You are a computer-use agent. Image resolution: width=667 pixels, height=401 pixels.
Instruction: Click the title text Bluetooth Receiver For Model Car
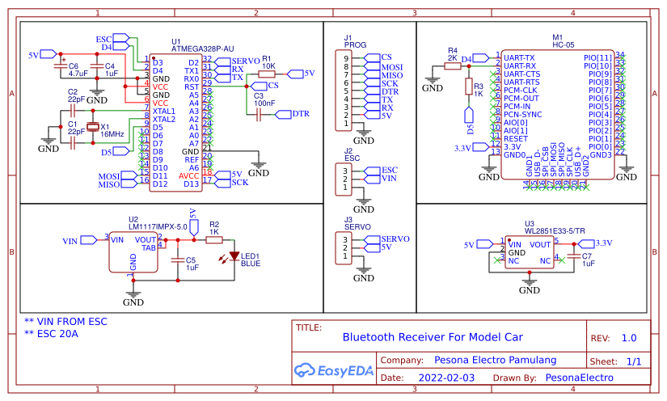(433, 337)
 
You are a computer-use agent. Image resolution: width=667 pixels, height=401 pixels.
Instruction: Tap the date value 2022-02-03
(447, 378)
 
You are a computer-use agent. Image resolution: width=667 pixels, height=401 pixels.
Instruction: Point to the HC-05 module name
(563, 46)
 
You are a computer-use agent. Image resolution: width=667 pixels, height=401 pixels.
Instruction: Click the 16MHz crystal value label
(112, 134)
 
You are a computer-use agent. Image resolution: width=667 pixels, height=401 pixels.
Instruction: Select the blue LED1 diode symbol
(234, 256)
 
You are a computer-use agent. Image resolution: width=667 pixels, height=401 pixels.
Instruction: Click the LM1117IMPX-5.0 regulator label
(158, 227)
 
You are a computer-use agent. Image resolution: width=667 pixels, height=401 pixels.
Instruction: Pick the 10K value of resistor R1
(268, 65)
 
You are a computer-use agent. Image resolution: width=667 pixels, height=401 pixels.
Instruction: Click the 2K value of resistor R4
(453, 58)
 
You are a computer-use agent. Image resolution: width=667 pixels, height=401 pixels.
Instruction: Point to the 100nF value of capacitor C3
(264, 103)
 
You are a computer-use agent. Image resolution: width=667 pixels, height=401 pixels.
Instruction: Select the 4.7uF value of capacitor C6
(78, 74)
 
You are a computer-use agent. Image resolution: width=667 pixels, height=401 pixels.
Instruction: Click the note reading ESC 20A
(51, 333)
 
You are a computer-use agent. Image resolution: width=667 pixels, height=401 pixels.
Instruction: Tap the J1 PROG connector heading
(353, 42)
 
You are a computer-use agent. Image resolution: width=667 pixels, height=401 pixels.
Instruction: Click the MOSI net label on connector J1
(392, 66)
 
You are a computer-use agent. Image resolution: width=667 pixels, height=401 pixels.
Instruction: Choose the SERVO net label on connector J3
(395, 239)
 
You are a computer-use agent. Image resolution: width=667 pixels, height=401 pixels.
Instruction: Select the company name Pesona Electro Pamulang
(496, 360)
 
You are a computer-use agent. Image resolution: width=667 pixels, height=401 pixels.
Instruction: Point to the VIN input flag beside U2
(71, 241)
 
